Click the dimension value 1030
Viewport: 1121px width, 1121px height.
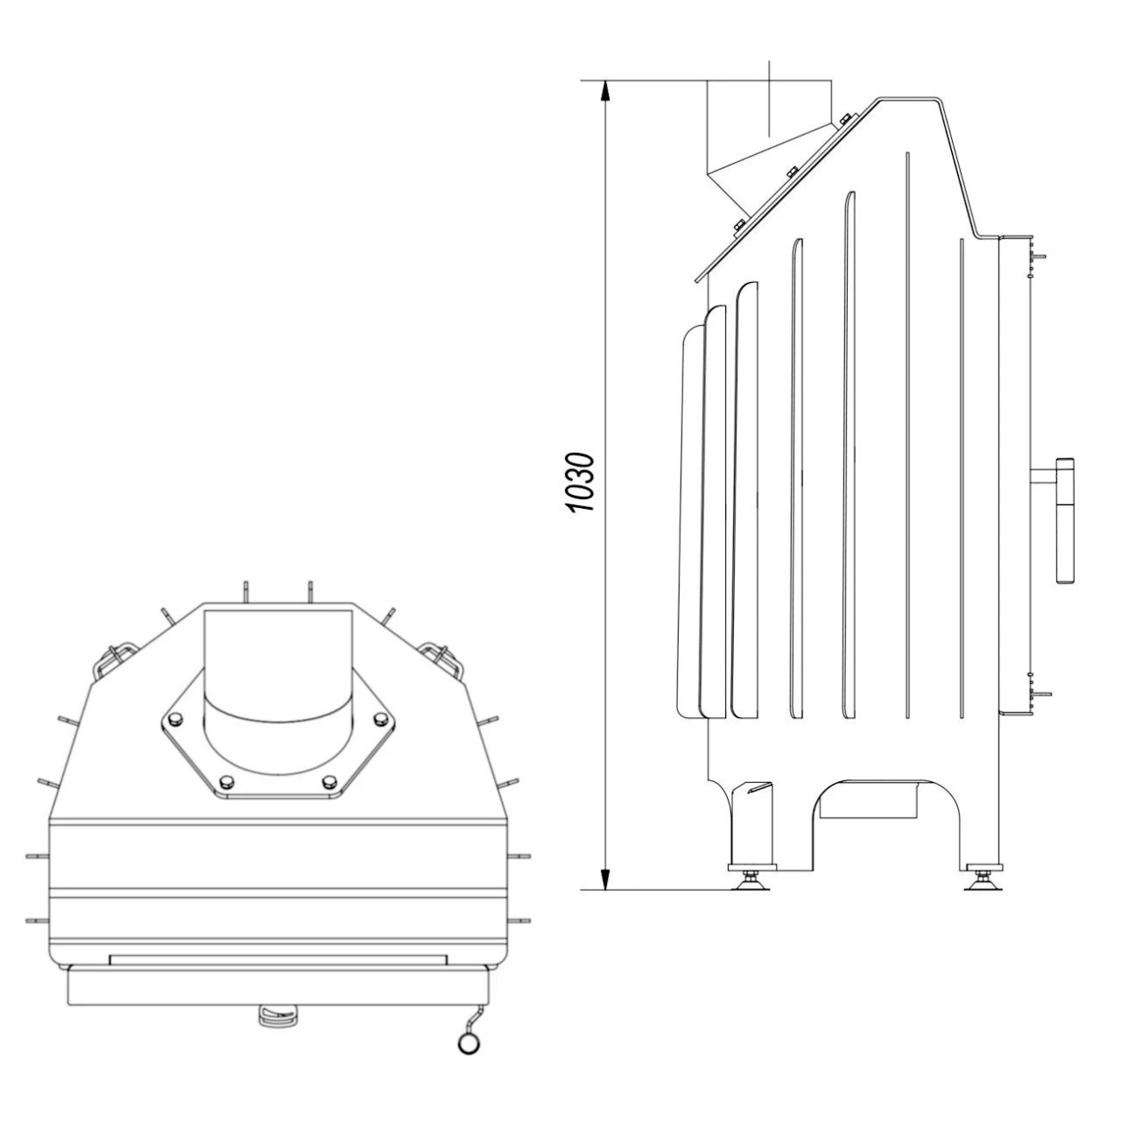tap(581, 483)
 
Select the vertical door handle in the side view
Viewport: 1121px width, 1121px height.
tap(1066, 520)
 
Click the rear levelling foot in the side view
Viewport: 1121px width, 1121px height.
tap(751, 878)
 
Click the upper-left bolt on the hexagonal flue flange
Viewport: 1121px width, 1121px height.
tap(174, 719)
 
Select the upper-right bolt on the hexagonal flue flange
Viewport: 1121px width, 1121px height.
tap(380, 719)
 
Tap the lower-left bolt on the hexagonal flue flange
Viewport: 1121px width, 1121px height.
tap(225, 780)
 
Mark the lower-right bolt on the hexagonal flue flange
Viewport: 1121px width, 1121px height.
tap(329, 780)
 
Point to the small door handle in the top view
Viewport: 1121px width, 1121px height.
tap(278, 1015)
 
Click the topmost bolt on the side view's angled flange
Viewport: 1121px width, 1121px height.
tap(844, 118)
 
